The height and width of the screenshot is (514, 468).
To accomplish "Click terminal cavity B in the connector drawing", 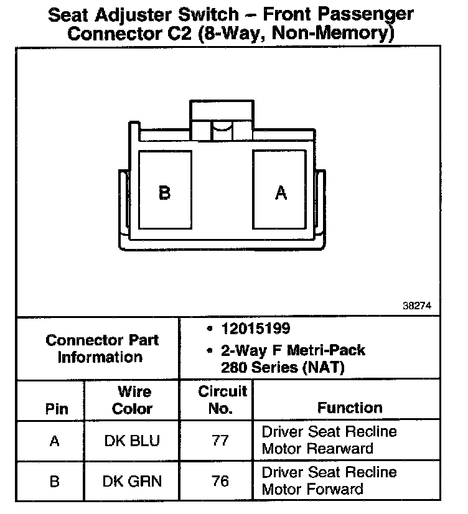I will click(165, 190).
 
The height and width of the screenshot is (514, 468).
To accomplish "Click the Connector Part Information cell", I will click(101, 348).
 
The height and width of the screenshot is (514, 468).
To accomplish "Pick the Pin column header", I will click(57, 409).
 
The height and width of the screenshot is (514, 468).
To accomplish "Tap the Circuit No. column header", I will click(222, 400).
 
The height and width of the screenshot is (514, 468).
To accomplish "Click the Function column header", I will click(350, 408).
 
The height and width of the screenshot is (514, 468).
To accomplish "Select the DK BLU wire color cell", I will click(131, 441).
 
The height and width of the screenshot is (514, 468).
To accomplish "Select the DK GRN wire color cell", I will click(131, 481).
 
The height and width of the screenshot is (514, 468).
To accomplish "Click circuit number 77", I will click(220, 441).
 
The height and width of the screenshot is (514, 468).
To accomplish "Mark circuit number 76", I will click(220, 481).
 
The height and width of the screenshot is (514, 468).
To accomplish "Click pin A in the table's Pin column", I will click(55, 441).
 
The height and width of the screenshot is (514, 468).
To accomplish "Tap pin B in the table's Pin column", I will click(55, 482).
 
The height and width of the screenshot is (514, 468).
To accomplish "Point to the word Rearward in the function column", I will click(344, 449).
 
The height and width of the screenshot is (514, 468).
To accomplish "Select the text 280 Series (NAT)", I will click(282, 367).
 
